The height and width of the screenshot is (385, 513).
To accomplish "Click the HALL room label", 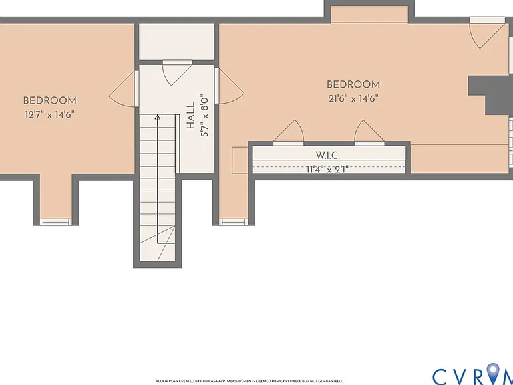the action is [190, 116].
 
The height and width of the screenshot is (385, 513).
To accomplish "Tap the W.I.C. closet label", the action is [327, 155].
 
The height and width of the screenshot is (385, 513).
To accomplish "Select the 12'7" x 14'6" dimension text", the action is [49, 115].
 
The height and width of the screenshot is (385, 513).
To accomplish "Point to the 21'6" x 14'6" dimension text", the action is [353, 98].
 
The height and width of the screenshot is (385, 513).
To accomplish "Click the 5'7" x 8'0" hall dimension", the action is [205, 116].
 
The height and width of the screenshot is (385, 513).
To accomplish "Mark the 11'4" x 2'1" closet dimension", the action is [327, 169].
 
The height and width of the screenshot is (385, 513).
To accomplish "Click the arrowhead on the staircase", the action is [158, 116].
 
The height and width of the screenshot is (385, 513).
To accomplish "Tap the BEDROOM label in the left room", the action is [49, 100].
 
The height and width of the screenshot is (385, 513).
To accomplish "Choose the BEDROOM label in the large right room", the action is [353, 84].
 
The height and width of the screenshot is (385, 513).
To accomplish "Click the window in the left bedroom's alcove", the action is [55, 223].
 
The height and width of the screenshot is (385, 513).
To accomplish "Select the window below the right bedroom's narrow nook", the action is [232, 223].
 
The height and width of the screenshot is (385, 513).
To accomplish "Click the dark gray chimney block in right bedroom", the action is [491, 96].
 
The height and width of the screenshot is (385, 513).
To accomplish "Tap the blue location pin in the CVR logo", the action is [493, 373].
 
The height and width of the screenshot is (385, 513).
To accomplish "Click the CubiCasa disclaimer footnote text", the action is [249, 381].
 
